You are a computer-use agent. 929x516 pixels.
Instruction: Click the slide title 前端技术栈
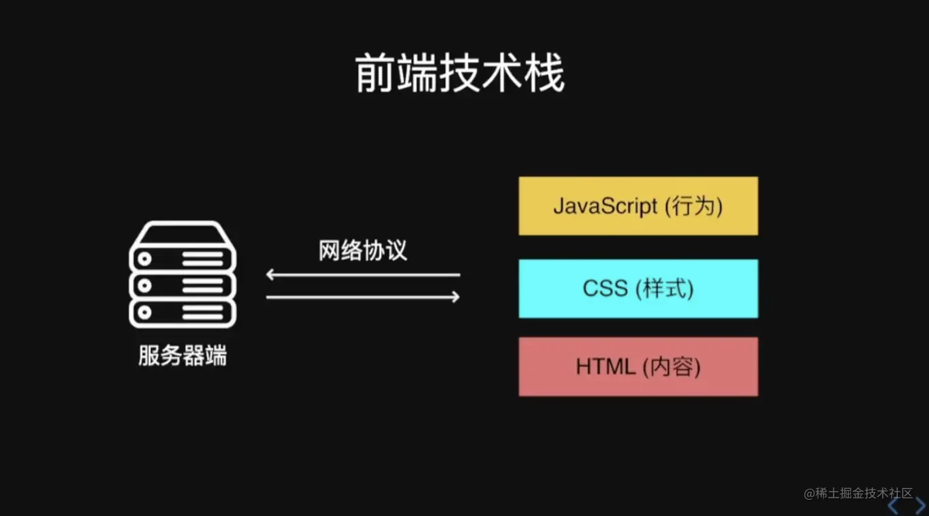(460, 75)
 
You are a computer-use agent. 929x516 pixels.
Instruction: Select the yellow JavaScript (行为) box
(638, 206)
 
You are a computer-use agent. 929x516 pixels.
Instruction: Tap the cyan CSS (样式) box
(638, 289)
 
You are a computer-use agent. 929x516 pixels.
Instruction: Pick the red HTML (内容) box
(638, 367)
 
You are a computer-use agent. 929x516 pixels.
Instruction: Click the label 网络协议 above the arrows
(363, 251)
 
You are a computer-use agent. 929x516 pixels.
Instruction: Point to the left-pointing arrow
(363, 275)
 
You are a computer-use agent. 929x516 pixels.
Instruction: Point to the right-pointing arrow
(363, 297)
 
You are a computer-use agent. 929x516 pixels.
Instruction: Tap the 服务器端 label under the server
(183, 355)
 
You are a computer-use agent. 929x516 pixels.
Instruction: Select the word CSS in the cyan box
(605, 289)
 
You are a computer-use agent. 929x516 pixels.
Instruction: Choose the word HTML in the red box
(605, 367)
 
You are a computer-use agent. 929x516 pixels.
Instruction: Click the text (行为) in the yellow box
(693, 206)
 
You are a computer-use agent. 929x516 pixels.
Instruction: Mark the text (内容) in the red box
(672, 367)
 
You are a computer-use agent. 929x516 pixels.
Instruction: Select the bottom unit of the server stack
(183, 313)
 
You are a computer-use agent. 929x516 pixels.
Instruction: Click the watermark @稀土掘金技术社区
(857, 494)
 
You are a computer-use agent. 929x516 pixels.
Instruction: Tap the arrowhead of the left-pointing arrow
(270, 275)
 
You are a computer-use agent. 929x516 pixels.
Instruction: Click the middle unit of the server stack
(183, 284)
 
